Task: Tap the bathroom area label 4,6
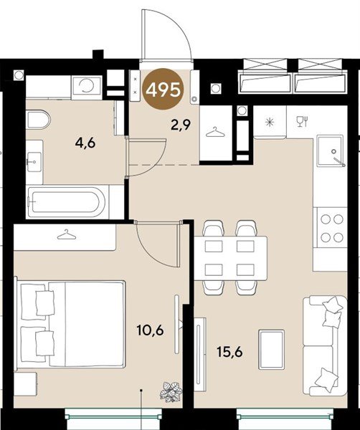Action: pos(85,143)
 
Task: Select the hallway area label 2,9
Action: pos(181,126)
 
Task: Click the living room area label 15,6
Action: pos(229,352)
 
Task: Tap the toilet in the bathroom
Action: pos(39,119)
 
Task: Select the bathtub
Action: pos(66,202)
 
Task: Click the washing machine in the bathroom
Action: pos(87,87)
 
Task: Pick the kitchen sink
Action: pos(331,150)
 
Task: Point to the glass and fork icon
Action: pos(303,122)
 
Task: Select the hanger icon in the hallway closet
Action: pos(215,132)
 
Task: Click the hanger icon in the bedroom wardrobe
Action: pos(67,234)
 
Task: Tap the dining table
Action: pos(230,258)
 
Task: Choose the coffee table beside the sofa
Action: pos(272,350)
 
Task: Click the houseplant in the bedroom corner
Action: pos(171,392)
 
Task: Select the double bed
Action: pos(70,324)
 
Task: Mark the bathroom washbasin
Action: pos(34,162)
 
